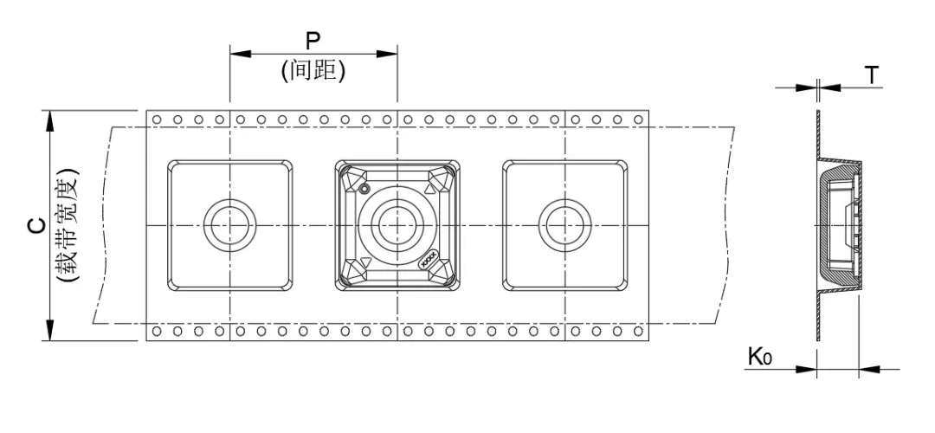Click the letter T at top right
[x=873, y=76]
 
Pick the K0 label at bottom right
[x=759, y=357]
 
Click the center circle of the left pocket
[x=229, y=225]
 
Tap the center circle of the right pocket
[x=564, y=225]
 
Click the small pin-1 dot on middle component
[x=364, y=189]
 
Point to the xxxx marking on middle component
[x=429, y=261]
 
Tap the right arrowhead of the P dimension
[x=389, y=54]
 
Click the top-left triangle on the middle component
[x=352, y=180]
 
